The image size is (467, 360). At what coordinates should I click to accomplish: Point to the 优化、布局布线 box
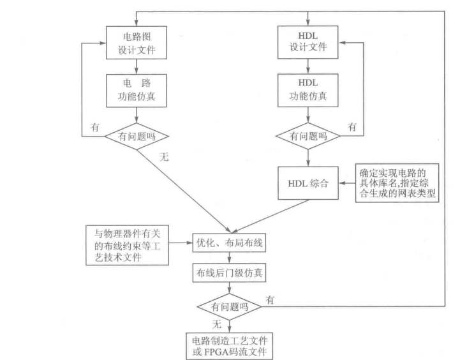pos(229,243)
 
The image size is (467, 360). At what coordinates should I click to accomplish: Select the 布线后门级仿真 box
pos(229,273)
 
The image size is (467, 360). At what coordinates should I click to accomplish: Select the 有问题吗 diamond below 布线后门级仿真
pos(229,306)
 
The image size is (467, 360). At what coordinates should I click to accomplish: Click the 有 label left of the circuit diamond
pos(95,128)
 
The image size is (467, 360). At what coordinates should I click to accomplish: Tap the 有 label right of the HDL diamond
pos(352,127)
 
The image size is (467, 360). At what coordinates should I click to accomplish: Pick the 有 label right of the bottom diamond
pos(271,298)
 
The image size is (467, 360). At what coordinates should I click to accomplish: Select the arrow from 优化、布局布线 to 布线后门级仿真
pos(229,259)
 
